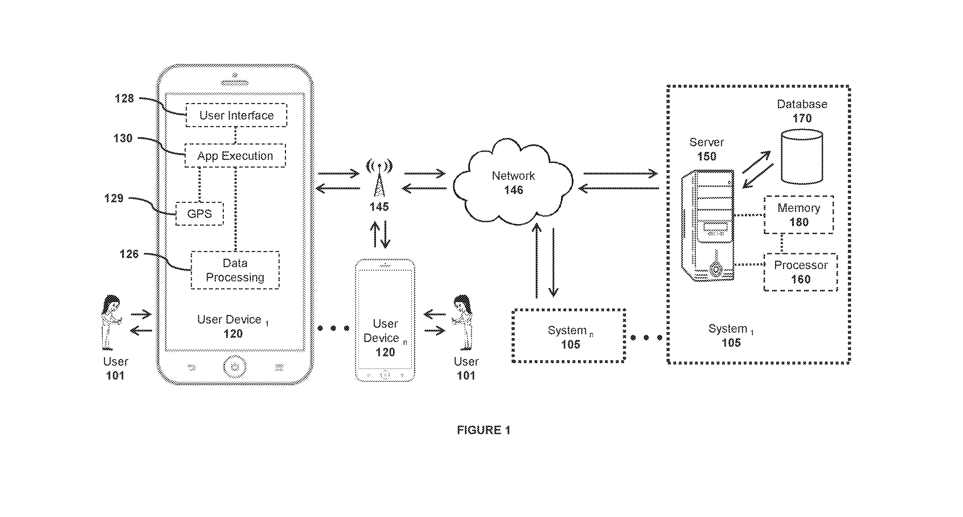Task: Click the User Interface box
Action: click(236, 115)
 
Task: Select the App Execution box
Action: click(235, 155)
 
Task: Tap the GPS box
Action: click(200, 214)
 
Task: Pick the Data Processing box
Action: click(235, 270)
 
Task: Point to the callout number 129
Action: click(114, 198)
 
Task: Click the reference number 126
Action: click(129, 254)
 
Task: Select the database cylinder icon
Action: click(802, 156)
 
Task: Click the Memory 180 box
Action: click(799, 215)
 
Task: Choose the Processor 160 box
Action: click(800, 272)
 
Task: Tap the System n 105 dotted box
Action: click(569, 336)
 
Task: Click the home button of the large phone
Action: click(235, 367)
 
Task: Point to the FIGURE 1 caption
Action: click(483, 430)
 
